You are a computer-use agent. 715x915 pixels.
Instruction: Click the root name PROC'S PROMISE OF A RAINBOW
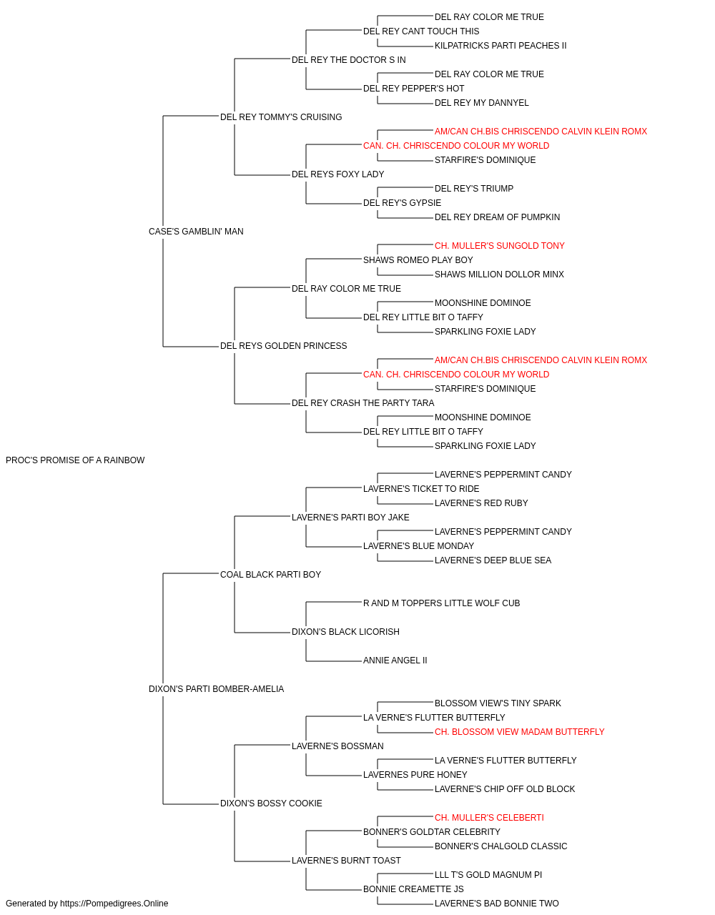pos(75,460)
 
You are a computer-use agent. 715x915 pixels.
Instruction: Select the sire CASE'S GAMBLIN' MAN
pos(196,232)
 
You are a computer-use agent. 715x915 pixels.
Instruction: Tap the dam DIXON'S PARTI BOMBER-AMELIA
pos(216,689)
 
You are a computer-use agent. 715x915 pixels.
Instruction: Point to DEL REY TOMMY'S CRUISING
pos(281,117)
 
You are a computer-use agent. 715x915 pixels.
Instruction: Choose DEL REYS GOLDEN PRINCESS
pos(283,346)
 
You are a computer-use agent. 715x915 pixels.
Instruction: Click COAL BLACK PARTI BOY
pos(270,575)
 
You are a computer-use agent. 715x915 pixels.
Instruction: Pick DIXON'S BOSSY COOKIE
pos(271,803)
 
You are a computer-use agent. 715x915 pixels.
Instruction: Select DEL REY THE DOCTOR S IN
pos(349,60)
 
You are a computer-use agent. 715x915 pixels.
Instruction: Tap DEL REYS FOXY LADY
pos(337,174)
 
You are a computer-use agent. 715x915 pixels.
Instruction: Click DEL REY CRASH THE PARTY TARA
pos(363,403)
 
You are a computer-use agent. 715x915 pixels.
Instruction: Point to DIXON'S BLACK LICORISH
pos(345,632)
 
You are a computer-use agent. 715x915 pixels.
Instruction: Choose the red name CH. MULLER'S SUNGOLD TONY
pos(499,246)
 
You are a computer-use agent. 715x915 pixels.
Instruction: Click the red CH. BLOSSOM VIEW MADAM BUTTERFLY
pos(519,732)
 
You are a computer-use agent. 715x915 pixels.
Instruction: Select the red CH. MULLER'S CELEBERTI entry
pos(489,818)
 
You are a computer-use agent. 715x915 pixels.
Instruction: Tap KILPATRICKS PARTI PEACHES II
pos(500,46)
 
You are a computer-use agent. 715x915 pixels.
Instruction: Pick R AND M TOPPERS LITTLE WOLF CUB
pos(441,603)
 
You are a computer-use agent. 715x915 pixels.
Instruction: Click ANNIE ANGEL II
pos(395,661)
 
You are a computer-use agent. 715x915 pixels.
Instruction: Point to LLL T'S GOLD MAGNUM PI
pos(488,875)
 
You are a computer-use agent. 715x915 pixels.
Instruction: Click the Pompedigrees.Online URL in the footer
pos(114,904)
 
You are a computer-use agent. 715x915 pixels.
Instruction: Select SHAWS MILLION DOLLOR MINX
pos(499,274)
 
